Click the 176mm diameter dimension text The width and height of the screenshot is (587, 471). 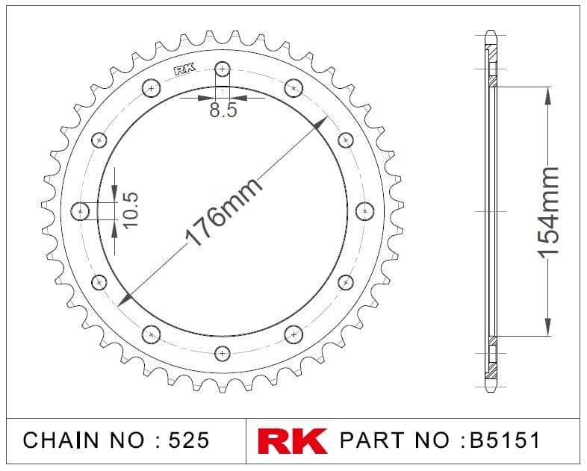coord(223,212)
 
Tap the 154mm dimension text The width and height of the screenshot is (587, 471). coord(548,212)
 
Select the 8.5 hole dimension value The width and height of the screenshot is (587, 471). coord(223,110)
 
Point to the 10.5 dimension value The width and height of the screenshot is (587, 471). coord(131,210)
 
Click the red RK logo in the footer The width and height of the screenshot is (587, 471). coord(292,440)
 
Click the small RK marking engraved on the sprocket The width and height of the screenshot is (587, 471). coord(185,70)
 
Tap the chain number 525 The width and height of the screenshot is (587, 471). coord(189,440)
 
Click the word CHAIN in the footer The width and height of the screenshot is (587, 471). coord(61,440)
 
